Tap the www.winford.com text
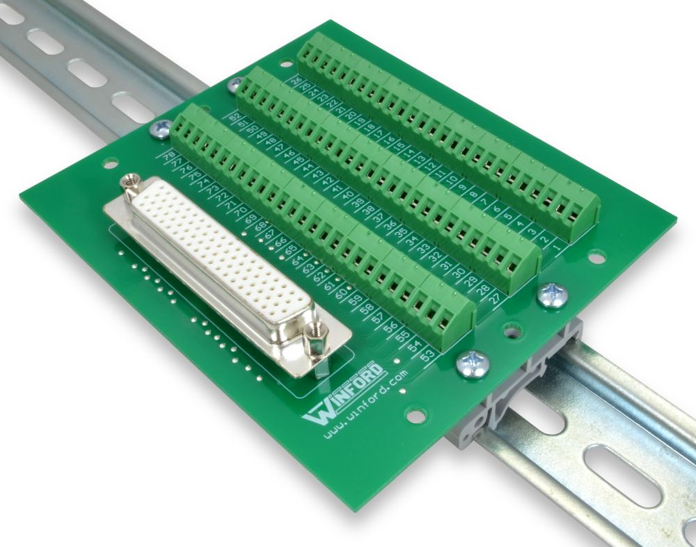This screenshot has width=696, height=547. click(366, 403)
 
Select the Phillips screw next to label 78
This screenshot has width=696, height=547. click(161, 128)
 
